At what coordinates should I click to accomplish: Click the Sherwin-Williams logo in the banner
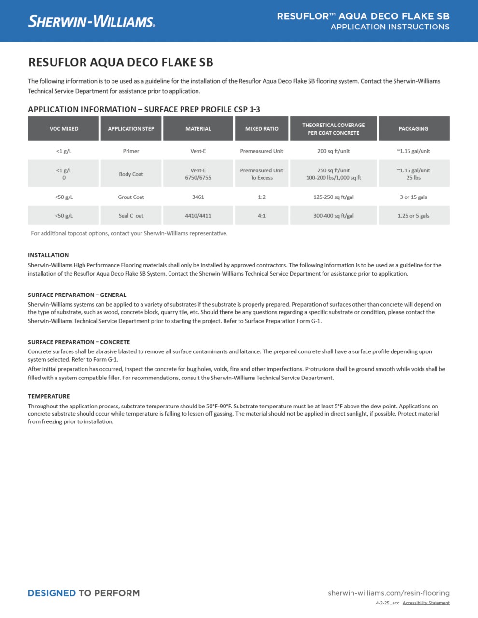(91, 21)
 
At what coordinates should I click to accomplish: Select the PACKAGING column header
(413, 129)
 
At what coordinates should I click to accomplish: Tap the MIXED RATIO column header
(262, 129)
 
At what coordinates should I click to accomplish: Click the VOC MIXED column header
(64, 129)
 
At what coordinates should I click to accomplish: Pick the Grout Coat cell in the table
(131, 197)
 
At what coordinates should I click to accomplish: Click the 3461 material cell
(198, 197)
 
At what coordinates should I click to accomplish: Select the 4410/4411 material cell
(198, 216)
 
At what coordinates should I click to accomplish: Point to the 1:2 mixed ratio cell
(262, 197)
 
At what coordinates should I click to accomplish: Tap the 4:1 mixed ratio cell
(262, 216)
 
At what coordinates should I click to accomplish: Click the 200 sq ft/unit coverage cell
(333, 151)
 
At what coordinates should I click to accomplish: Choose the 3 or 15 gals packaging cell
(413, 197)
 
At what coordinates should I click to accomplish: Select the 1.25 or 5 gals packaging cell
(413, 216)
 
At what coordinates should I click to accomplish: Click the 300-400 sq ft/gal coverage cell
(333, 216)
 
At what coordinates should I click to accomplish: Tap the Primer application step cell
(131, 151)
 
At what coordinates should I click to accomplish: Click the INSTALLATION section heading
(48, 255)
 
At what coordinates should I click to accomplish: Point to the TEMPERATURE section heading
(49, 396)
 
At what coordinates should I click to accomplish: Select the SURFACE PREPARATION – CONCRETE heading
(79, 342)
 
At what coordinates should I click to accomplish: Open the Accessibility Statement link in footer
(426, 603)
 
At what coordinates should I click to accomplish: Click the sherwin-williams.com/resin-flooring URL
(388, 593)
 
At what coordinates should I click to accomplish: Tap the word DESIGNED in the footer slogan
(52, 593)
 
